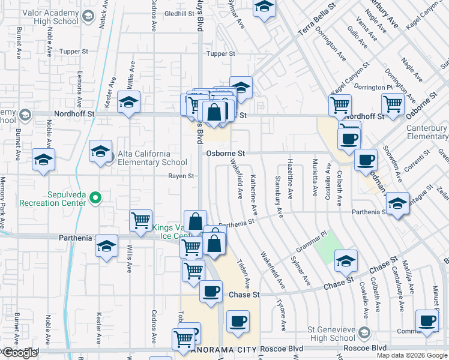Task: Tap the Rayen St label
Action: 181,176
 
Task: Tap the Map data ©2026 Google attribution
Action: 411,355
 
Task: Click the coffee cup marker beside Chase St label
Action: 209,292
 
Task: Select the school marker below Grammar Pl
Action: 346,261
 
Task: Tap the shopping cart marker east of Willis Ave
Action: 140,221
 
